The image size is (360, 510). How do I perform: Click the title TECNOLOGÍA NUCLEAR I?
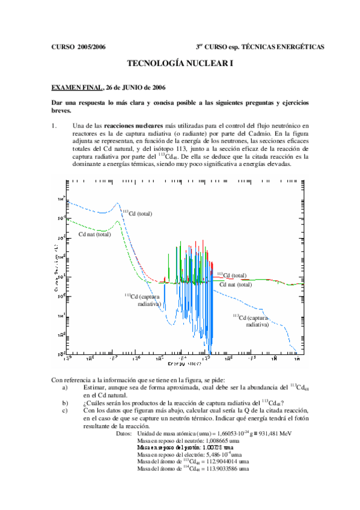(180, 63)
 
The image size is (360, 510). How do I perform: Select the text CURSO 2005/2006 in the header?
(79, 46)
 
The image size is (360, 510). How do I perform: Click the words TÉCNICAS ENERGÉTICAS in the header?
(282, 46)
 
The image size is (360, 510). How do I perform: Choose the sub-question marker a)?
(66, 388)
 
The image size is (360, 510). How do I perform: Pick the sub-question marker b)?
(66, 403)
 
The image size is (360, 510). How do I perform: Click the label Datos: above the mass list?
(123, 433)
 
